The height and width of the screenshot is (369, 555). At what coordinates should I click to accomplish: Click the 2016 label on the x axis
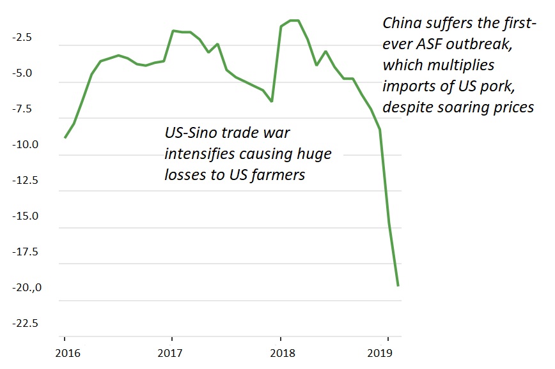[x=65, y=352]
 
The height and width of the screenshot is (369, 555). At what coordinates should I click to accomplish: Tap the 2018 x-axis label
[x=279, y=352]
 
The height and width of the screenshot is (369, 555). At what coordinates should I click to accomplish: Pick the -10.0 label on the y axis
[x=23, y=145]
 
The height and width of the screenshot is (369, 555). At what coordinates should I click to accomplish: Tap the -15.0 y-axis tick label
[x=23, y=216]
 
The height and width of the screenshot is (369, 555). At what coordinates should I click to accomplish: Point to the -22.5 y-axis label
[x=23, y=323]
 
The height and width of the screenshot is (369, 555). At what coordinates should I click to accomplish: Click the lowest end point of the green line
[x=398, y=285]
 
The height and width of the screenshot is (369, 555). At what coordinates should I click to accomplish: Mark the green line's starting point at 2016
[x=65, y=137]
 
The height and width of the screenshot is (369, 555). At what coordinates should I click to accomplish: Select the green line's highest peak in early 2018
[x=295, y=20]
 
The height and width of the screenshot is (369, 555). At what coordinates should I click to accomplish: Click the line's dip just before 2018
[x=272, y=101]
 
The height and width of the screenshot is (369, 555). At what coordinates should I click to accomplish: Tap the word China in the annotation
[x=400, y=24]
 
